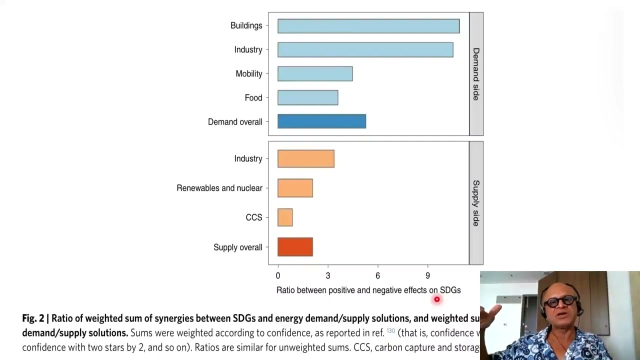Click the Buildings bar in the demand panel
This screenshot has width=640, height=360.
(x=368, y=26)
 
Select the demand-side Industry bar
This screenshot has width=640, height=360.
(x=365, y=50)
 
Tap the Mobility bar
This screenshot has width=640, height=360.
(x=315, y=74)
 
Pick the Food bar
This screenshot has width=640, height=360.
(x=307, y=98)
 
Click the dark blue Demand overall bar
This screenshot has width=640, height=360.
(x=321, y=121)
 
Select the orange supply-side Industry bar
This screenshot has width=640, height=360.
(x=305, y=159)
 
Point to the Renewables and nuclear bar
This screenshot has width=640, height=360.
(x=295, y=188)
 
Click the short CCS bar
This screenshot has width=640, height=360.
(x=285, y=217)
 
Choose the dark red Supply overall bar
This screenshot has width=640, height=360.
(x=295, y=247)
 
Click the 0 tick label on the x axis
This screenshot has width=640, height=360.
(x=278, y=275)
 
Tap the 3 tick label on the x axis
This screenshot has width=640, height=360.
(x=328, y=275)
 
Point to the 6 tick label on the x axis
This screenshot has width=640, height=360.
(x=377, y=275)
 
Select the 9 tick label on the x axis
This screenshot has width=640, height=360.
(x=427, y=275)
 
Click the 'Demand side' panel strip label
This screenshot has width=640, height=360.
(x=476, y=74)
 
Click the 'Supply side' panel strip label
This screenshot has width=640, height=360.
(x=476, y=203)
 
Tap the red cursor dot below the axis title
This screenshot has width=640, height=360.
(x=437, y=299)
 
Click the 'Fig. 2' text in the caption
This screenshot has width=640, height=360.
(x=33, y=318)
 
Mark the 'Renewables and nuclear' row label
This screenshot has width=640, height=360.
(x=219, y=188)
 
